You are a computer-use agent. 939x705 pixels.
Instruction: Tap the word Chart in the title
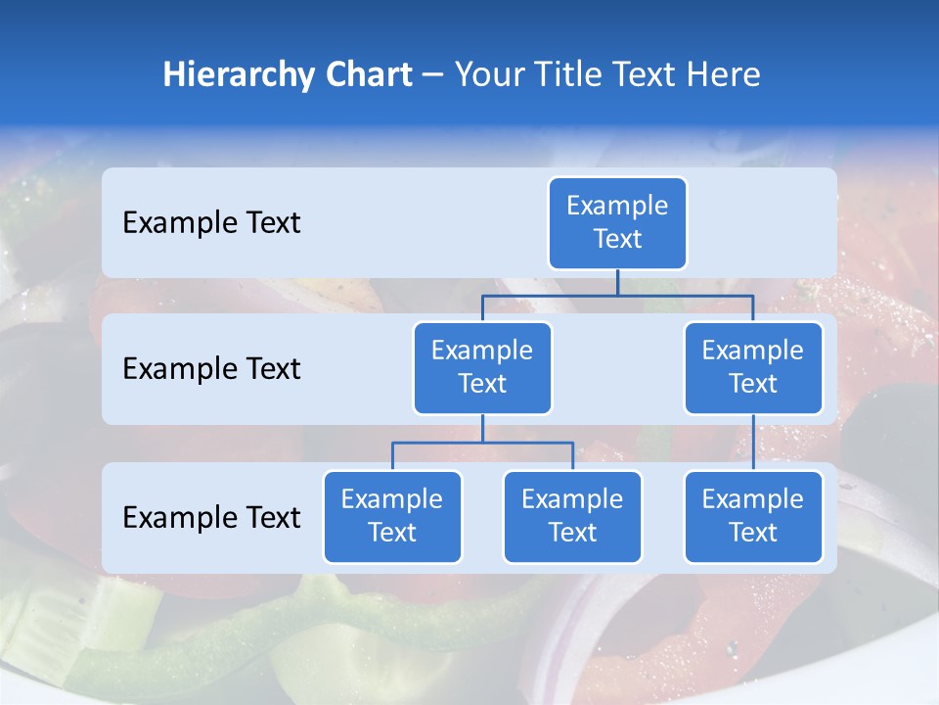pyautogui.click(x=370, y=74)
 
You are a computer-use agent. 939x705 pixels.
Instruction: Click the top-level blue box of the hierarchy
pyautogui.click(x=617, y=223)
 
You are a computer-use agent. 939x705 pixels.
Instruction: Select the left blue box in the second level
pyautogui.click(x=482, y=368)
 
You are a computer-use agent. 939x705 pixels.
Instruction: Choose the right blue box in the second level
pyautogui.click(x=753, y=368)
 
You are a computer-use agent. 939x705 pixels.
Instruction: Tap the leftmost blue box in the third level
pyautogui.click(x=392, y=517)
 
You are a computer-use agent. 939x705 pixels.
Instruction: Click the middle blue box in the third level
pyautogui.click(x=572, y=517)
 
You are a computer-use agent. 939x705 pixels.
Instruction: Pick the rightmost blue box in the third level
pyautogui.click(x=753, y=517)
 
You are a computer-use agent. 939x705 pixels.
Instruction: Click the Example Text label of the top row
pyautogui.click(x=211, y=223)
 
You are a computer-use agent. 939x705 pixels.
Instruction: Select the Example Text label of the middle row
pyautogui.click(x=211, y=369)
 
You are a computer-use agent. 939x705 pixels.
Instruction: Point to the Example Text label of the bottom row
pyautogui.click(x=211, y=518)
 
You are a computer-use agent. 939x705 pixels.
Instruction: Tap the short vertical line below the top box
pyautogui.click(x=617, y=282)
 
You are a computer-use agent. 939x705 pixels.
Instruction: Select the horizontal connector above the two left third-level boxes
pyautogui.click(x=482, y=443)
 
